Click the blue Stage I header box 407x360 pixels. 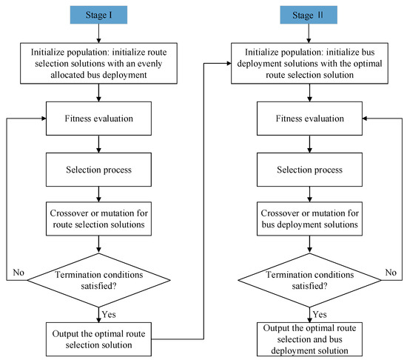[98, 15]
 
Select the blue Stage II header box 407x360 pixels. [309, 15]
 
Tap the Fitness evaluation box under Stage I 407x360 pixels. [98, 119]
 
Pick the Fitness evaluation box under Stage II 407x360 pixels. [309, 119]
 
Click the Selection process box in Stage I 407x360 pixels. [98, 170]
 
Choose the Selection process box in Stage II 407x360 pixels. [309, 170]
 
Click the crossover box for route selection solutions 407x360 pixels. [98, 219]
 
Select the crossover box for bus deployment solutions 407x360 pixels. [309, 219]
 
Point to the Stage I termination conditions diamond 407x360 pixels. [98, 280]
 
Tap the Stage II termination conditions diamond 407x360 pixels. [309, 280]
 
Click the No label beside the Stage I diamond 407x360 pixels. [18, 273]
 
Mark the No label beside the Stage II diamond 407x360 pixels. [391, 273]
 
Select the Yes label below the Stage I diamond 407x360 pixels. [109, 314]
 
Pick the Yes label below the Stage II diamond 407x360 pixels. [320, 314]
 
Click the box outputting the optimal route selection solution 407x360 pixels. [98, 339]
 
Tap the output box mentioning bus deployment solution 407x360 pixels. [309, 339]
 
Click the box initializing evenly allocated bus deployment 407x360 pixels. [98, 64]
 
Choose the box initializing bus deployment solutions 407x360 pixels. [309, 64]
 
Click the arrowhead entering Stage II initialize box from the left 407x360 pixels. [229, 64]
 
